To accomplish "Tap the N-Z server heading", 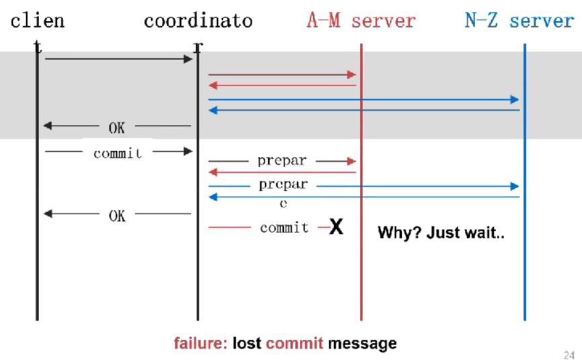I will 519,21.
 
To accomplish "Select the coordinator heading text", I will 198,21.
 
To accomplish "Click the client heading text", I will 37,21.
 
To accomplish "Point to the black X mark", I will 337,227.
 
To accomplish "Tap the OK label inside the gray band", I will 116,126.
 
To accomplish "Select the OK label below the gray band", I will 116,215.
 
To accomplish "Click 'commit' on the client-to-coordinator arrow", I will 118,152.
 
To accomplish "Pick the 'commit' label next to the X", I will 284,228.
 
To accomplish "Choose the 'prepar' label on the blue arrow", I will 283,185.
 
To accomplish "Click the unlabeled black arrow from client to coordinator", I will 118,59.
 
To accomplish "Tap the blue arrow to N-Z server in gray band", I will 364,99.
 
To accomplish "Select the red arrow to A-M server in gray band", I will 282,75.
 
